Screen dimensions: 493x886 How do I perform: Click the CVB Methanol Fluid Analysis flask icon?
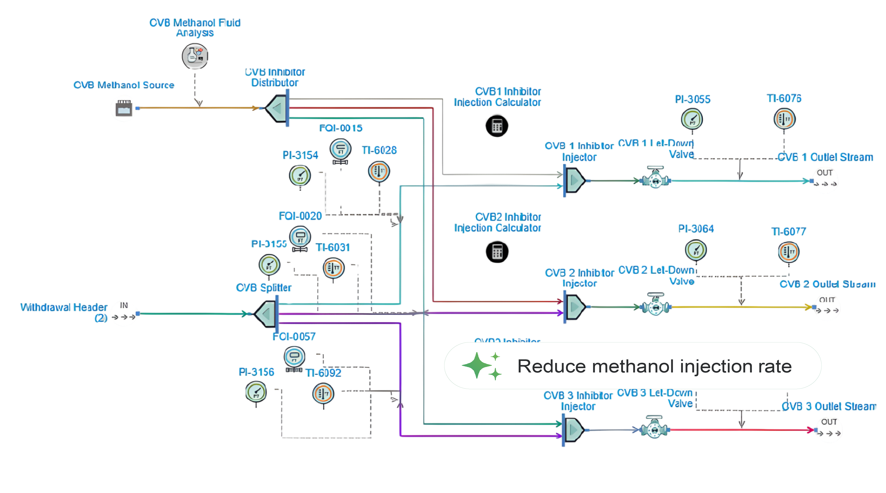pyautogui.click(x=195, y=56)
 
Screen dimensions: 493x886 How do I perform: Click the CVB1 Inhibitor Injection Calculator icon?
pyautogui.click(x=497, y=126)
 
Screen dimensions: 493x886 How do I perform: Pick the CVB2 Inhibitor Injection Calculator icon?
pyautogui.click(x=497, y=252)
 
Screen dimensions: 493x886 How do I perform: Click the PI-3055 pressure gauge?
pyautogui.click(x=692, y=119)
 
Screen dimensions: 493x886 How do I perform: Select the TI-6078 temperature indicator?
pyautogui.click(x=784, y=119)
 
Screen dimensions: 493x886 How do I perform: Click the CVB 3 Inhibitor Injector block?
pyautogui.click(x=572, y=429)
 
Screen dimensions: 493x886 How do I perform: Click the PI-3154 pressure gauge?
pyautogui.click(x=300, y=175)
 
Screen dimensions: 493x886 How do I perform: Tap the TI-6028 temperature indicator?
pyautogui.click(x=379, y=171)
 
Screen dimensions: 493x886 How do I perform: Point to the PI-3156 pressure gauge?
pyautogui.click(x=256, y=392)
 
